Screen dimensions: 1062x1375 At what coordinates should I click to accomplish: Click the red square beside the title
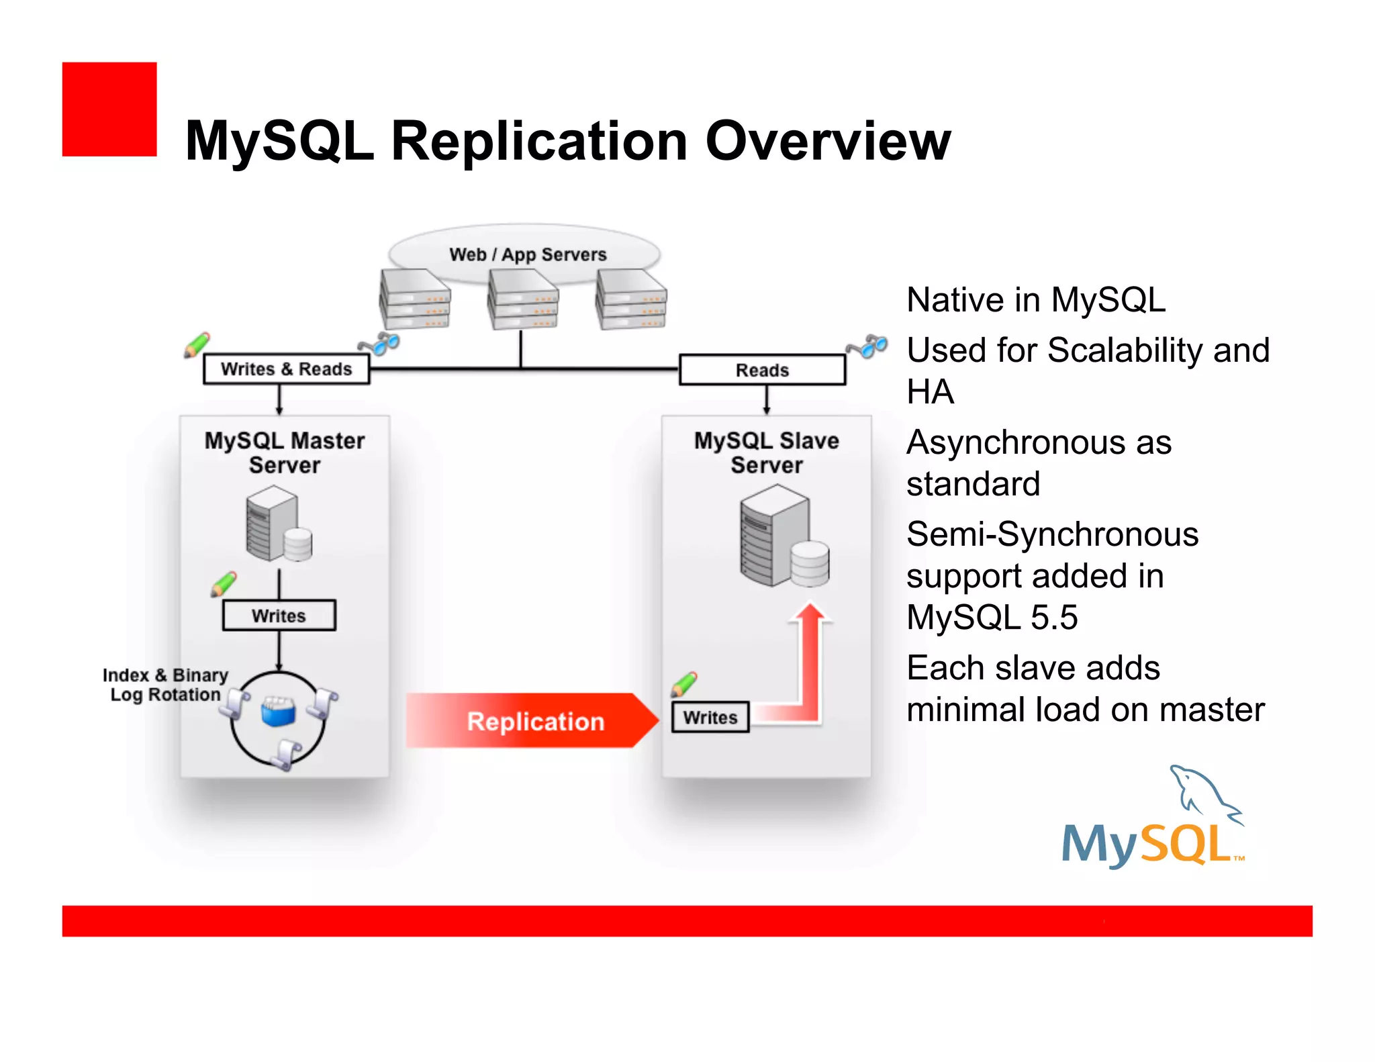coord(109,109)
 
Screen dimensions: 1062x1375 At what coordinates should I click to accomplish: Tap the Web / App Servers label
coord(528,254)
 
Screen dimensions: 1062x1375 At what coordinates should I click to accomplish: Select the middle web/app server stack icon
coord(523,299)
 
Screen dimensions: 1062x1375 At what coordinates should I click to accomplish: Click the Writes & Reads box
coord(287,369)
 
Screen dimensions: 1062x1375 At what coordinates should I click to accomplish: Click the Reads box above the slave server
coord(762,370)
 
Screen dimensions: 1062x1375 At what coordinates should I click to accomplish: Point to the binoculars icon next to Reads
coord(867,346)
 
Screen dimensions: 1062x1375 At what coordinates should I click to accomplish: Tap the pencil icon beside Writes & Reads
coord(197,345)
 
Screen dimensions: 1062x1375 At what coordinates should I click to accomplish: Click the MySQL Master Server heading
coord(285,452)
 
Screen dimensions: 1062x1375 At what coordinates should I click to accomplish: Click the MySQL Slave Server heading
coord(766,452)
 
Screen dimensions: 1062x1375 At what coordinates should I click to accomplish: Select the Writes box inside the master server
coord(279,616)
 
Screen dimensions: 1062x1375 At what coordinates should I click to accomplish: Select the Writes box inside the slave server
coord(710,718)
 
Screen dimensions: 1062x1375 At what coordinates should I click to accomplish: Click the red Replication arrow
coord(530,721)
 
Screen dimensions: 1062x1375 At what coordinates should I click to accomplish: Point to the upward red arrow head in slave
coord(811,614)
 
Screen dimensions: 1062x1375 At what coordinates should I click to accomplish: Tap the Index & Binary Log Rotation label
coord(165,685)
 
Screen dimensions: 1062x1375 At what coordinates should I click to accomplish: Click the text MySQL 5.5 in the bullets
coord(992,617)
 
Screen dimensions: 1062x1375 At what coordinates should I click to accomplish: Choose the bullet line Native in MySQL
coord(1035,299)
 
